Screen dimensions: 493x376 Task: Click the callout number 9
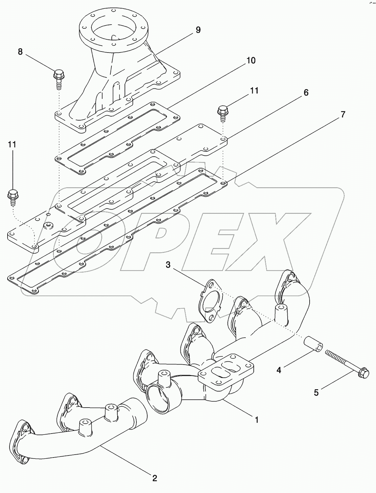tap(198, 30)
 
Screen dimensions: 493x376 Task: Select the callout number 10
tap(250, 60)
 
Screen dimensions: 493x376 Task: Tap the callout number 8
tap(20, 52)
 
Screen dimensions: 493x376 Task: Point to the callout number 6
tap(306, 93)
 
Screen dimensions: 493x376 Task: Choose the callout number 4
tap(279, 370)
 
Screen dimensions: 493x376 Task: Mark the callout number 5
tap(316, 392)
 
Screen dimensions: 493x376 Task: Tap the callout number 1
tap(257, 419)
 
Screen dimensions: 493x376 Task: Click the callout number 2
tap(154, 478)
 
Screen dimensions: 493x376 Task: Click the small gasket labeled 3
tap(209, 300)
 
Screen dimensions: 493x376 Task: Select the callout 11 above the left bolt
tap(12, 145)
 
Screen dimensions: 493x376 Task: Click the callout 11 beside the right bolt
tap(254, 91)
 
